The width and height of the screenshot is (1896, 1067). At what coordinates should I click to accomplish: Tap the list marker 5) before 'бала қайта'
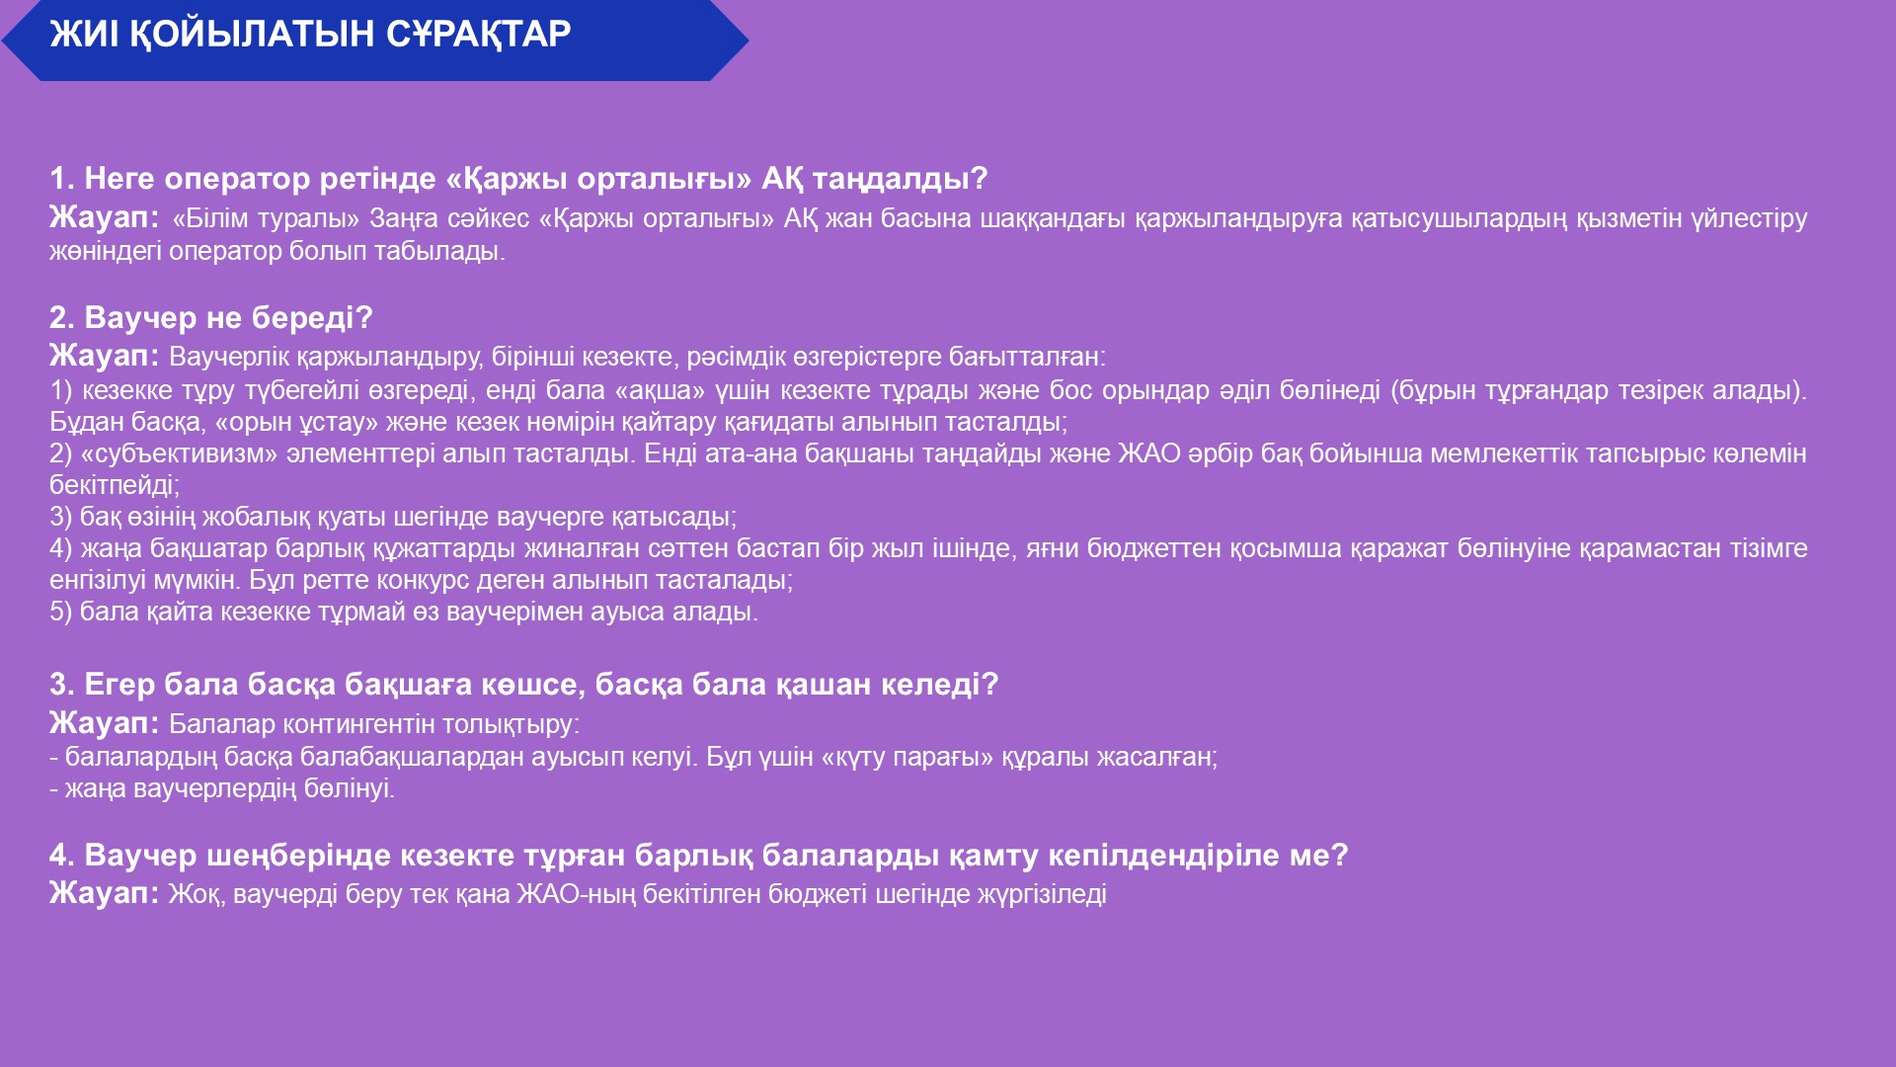pos(61,612)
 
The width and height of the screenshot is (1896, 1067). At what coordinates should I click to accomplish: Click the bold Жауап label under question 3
pos(105,723)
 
